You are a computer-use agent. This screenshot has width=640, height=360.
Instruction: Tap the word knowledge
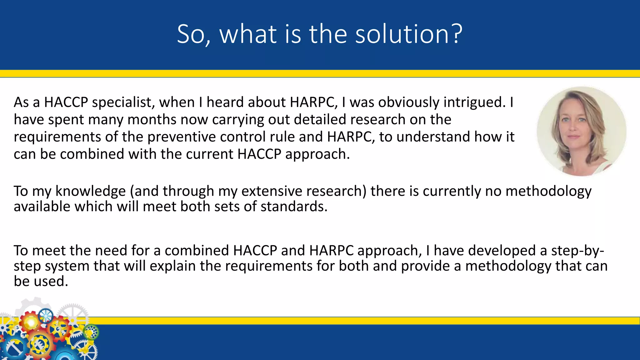[x=90, y=191]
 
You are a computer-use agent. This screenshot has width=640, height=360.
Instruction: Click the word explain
[x=173, y=266]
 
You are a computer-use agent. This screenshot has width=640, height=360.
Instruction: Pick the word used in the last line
[x=51, y=281]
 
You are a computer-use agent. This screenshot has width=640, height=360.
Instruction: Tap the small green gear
[x=91, y=332]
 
